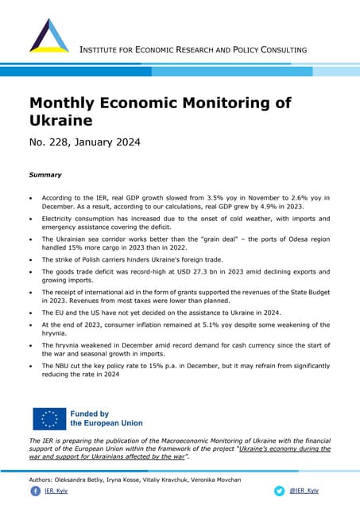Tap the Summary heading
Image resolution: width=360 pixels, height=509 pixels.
[x=45, y=174]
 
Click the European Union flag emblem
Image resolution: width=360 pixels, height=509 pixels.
[x=49, y=418]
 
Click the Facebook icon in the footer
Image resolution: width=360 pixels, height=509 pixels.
[x=35, y=492]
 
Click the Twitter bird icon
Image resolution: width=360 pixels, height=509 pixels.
[x=279, y=492]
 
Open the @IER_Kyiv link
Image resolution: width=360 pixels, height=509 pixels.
[x=304, y=492]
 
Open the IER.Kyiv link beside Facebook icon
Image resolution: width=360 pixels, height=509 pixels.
[x=56, y=492]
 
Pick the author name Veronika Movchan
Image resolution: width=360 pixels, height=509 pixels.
[x=215, y=480]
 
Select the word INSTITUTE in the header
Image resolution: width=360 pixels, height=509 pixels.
[x=104, y=50]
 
